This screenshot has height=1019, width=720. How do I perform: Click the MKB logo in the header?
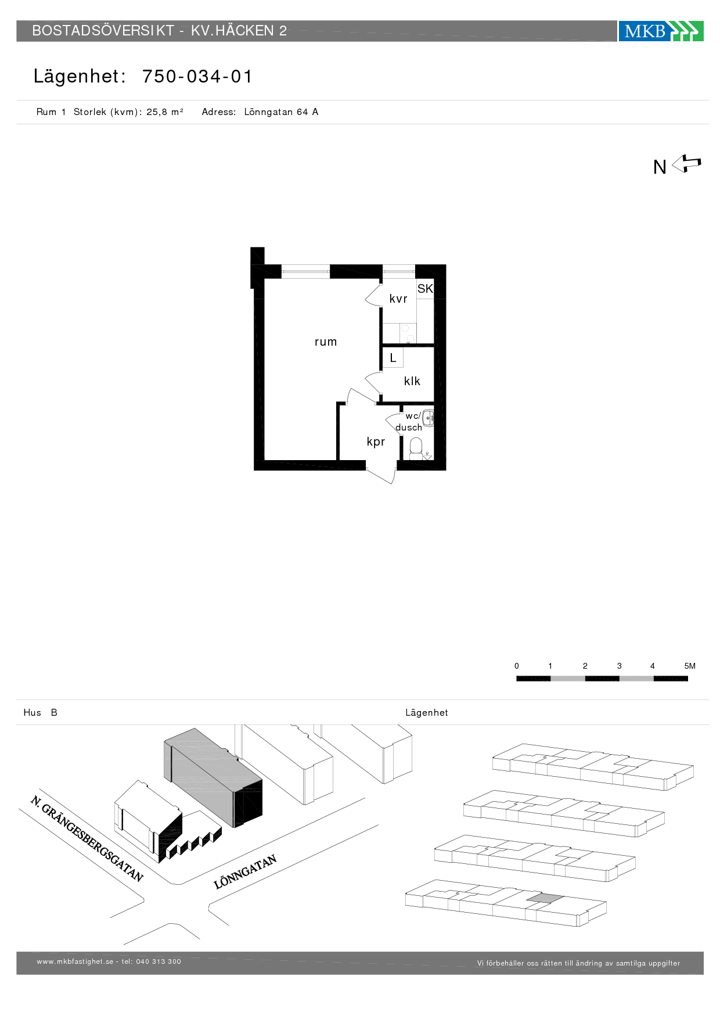(x=661, y=31)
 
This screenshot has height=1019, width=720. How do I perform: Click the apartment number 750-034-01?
(x=197, y=77)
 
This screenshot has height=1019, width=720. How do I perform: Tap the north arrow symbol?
(x=686, y=164)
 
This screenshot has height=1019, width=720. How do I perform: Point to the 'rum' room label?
(x=326, y=342)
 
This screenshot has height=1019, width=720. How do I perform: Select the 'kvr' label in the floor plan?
(x=398, y=299)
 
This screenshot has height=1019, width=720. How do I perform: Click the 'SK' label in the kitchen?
(x=425, y=289)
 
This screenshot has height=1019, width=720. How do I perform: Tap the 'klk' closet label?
(x=412, y=381)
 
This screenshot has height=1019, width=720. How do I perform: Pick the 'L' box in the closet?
(x=393, y=358)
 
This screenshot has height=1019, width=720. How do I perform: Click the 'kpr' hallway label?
(x=376, y=442)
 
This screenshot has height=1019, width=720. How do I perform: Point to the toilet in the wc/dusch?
(x=416, y=448)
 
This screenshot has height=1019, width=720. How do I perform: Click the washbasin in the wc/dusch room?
(x=428, y=417)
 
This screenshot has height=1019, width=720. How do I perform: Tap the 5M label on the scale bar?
(x=690, y=666)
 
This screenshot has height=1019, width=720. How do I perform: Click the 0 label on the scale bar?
(x=517, y=666)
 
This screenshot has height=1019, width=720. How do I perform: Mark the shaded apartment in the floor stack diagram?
(x=545, y=898)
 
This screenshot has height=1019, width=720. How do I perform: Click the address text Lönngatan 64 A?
(x=281, y=112)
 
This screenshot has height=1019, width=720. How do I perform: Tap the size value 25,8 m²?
(x=165, y=112)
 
